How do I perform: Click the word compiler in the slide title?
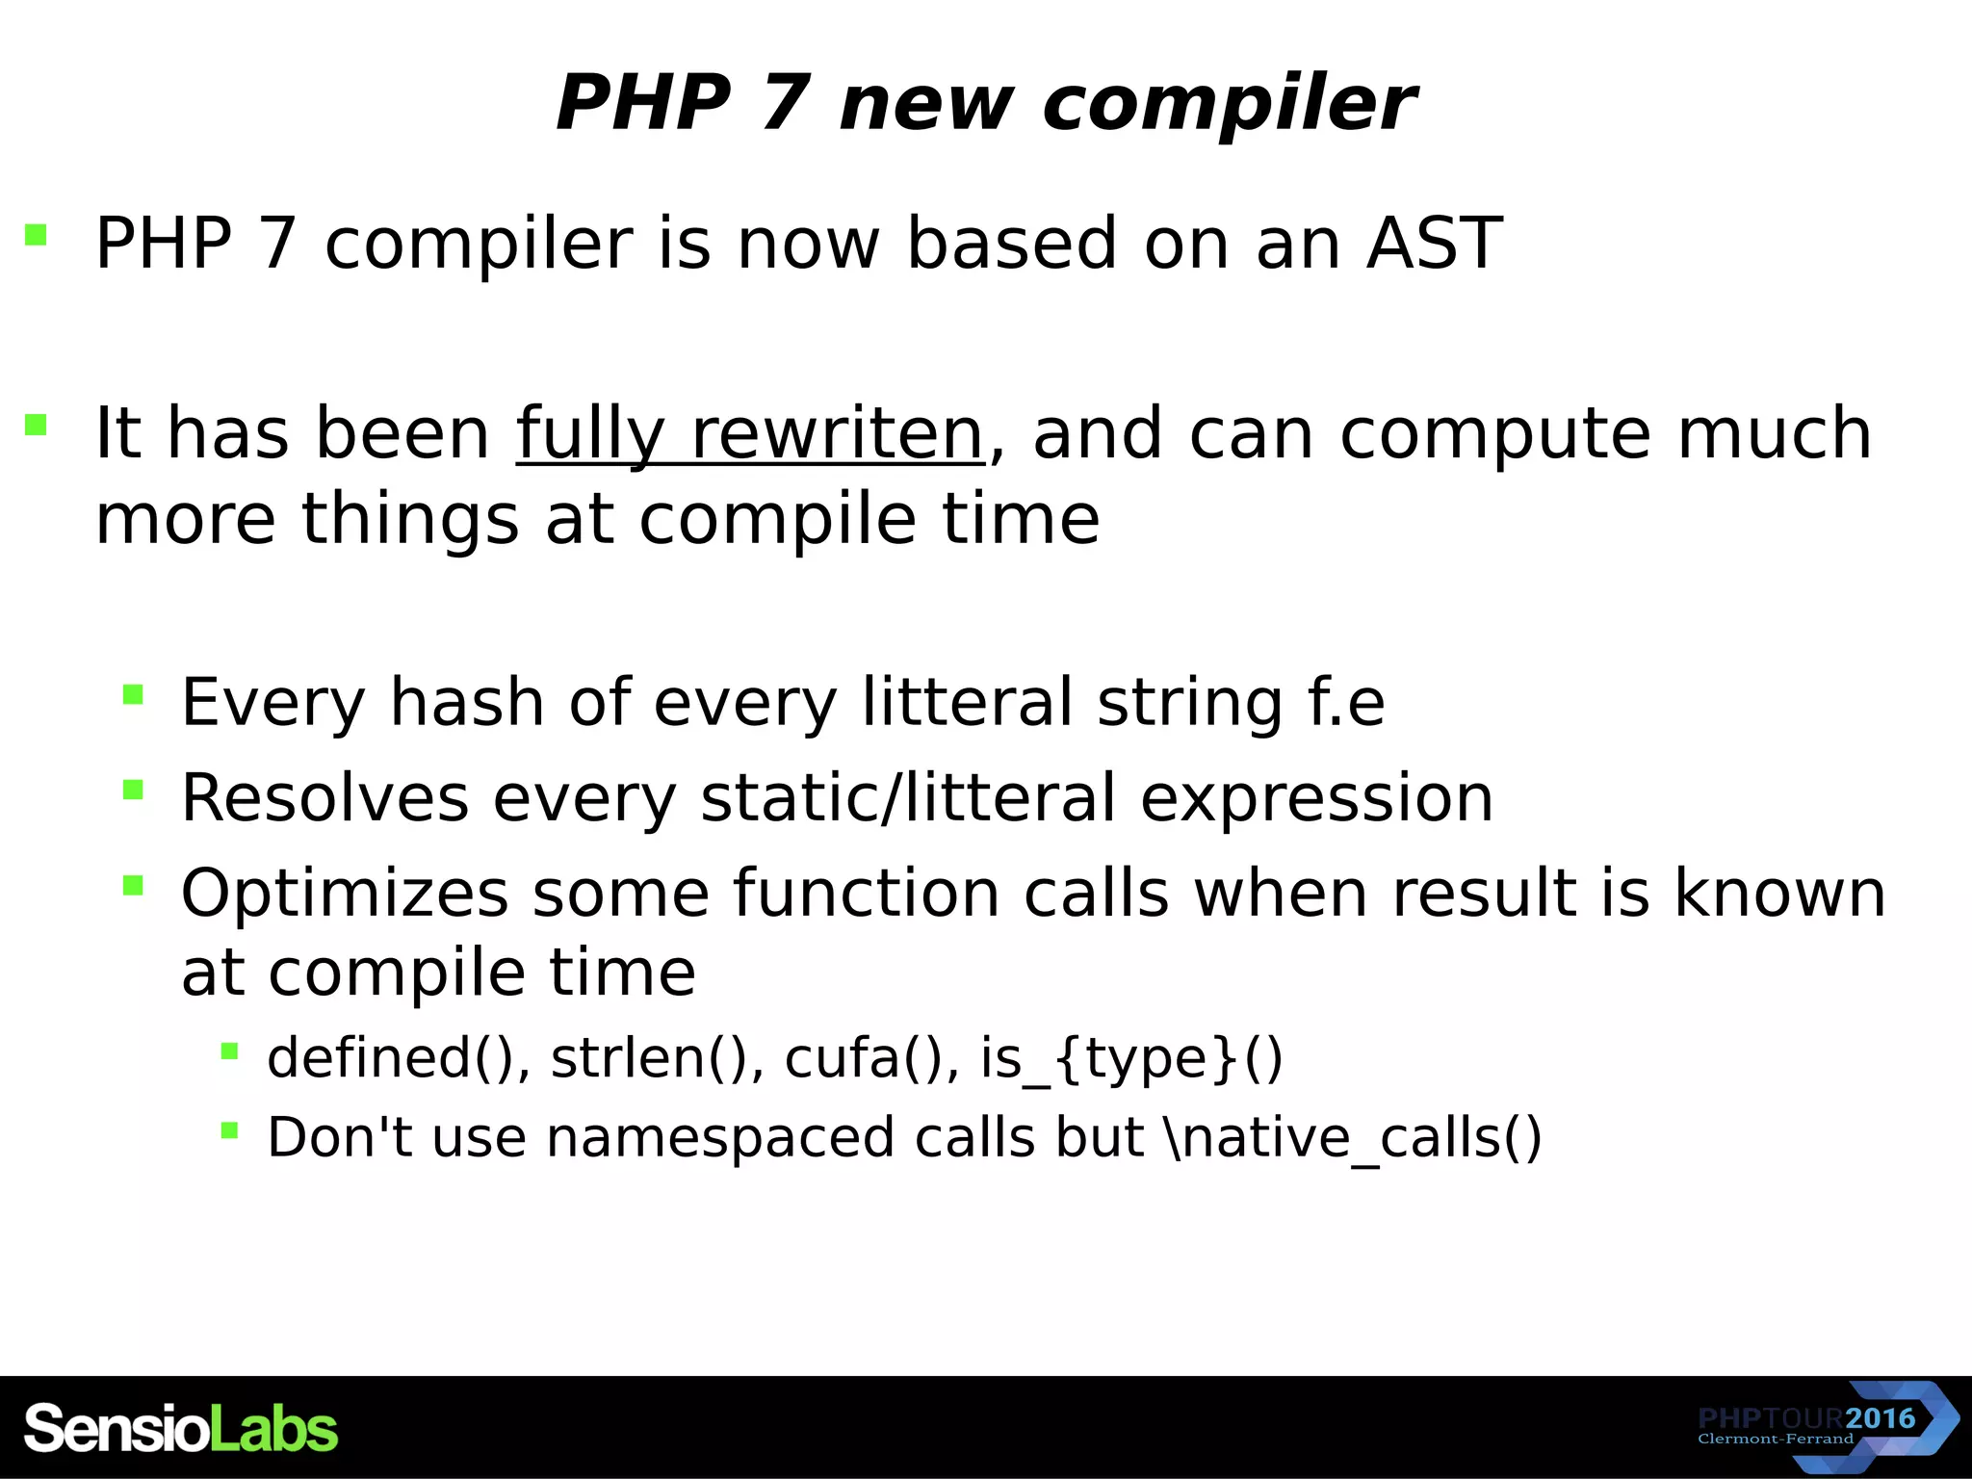[x=1229, y=104]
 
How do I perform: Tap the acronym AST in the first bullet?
[x=1434, y=244]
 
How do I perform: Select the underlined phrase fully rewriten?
[x=749, y=434]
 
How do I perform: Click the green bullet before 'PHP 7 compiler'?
[x=37, y=235]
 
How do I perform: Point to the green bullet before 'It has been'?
[x=37, y=425]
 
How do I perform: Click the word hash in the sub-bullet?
[x=466, y=702]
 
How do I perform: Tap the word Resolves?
[x=324, y=798]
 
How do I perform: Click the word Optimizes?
[x=344, y=894]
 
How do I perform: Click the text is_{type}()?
[x=1131, y=1058]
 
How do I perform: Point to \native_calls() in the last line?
[x=1352, y=1138]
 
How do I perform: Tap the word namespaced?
[x=720, y=1138]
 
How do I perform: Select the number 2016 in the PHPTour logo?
[x=1881, y=1418]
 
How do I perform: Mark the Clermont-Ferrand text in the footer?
[x=1775, y=1440]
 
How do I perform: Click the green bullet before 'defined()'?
[x=229, y=1051]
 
